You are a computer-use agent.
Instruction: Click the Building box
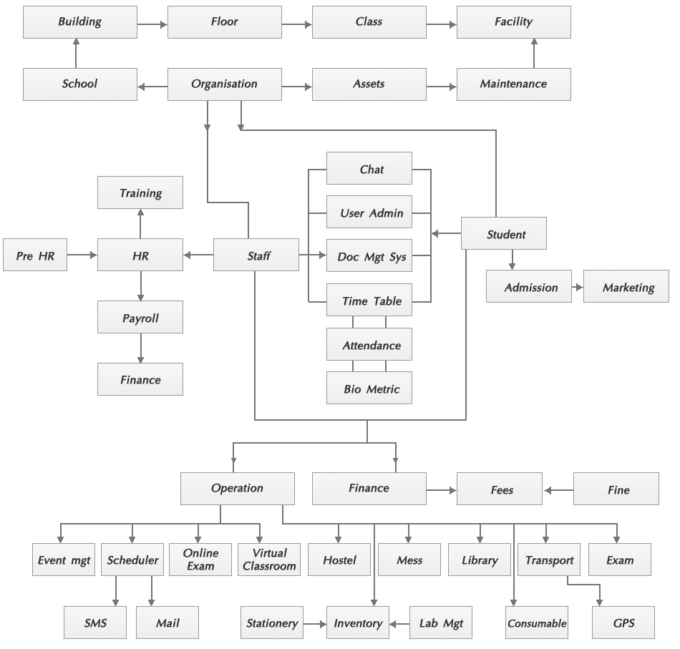(x=80, y=22)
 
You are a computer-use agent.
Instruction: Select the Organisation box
(x=224, y=84)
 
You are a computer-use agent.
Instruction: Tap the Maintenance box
(x=513, y=84)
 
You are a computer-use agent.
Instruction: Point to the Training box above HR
(x=140, y=193)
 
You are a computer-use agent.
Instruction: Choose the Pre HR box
(x=35, y=256)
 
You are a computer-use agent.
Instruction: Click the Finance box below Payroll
(x=140, y=380)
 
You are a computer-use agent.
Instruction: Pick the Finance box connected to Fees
(x=369, y=489)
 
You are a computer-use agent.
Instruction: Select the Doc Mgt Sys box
(x=369, y=257)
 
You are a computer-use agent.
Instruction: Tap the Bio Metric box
(x=369, y=389)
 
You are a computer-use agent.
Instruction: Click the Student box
(x=505, y=234)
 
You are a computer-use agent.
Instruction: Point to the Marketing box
(x=628, y=288)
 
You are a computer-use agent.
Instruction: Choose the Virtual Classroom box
(x=269, y=560)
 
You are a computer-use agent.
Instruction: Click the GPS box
(x=623, y=623)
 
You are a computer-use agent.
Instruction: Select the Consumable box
(x=537, y=623)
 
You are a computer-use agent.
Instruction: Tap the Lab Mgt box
(x=442, y=623)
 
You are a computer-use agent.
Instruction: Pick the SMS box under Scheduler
(x=94, y=623)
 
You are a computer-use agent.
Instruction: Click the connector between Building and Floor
(x=152, y=24)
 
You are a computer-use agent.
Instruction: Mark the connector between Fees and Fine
(x=559, y=490)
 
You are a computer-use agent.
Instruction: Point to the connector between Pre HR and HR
(x=82, y=255)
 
